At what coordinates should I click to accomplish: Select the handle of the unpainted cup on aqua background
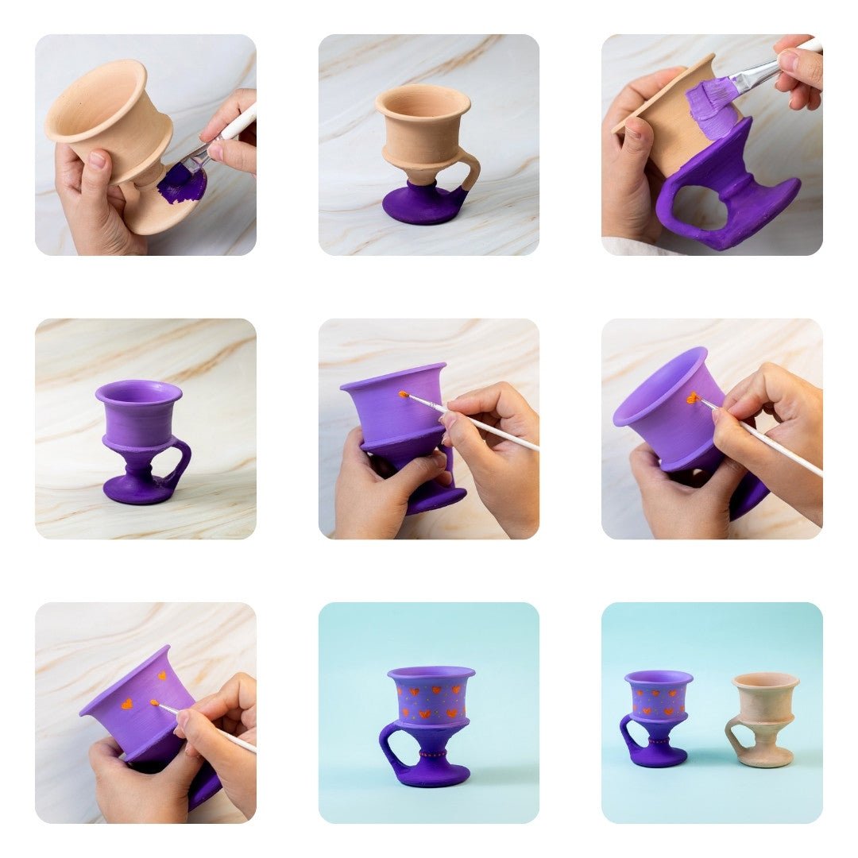click(735, 734)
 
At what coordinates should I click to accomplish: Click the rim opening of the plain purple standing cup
click(139, 392)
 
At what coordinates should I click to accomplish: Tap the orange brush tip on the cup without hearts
click(404, 394)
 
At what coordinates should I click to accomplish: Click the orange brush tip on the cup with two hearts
click(155, 702)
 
